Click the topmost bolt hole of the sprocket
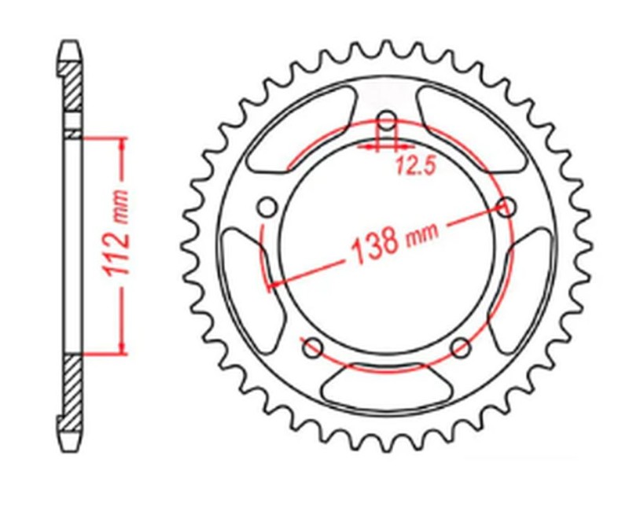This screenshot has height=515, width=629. [x=386, y=120]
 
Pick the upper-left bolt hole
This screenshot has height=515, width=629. [x=267, y=207]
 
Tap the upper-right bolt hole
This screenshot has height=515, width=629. [x=508, y=207]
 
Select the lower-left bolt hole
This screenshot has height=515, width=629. [x=312, y=345]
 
